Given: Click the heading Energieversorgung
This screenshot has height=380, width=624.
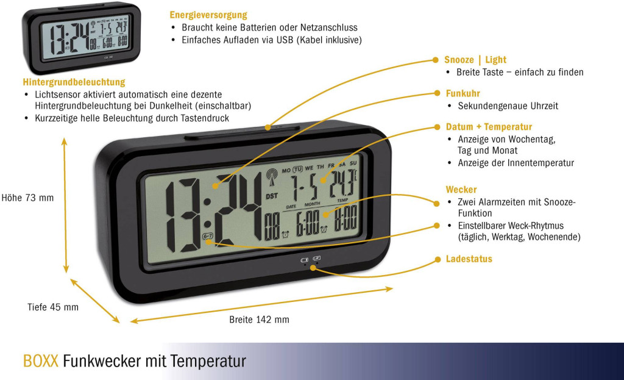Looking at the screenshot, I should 208,15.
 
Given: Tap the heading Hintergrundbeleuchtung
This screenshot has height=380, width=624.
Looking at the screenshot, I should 74,82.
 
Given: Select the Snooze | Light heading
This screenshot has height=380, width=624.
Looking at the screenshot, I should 475,60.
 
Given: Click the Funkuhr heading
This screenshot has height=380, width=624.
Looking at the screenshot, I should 463,93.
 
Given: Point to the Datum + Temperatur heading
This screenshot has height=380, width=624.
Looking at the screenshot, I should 489,127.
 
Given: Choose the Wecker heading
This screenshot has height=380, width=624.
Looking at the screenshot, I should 461,190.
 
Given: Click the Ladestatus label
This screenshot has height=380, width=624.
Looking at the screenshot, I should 469,259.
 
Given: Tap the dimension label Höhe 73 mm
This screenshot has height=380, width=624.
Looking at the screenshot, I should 28,198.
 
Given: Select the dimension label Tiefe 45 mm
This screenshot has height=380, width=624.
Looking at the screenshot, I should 53,307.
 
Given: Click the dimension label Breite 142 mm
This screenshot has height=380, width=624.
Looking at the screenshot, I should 259,320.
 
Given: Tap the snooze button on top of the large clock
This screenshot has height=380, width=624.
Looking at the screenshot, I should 271,127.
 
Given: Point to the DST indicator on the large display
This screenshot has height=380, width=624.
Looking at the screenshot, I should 272,196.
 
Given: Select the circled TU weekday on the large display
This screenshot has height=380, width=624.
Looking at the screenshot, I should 297,168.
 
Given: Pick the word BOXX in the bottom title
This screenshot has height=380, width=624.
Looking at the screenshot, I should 41,361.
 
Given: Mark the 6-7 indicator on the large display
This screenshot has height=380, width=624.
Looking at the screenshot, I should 208,236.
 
